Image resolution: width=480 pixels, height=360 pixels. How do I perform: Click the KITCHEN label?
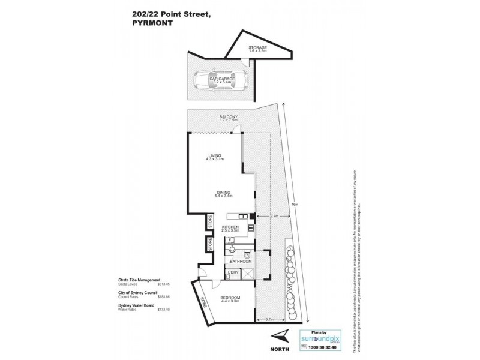[230, 227]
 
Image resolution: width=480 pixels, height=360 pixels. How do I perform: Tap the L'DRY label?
[233, 274]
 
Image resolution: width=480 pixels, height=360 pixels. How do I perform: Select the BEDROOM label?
[230, 298]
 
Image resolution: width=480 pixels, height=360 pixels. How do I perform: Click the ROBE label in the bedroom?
[203, 302]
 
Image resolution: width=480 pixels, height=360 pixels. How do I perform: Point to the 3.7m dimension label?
[269, 319]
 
